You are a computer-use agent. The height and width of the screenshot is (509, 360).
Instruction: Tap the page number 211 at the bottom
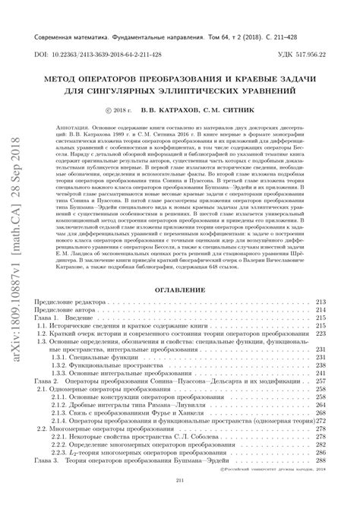click(x=180, y=500)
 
